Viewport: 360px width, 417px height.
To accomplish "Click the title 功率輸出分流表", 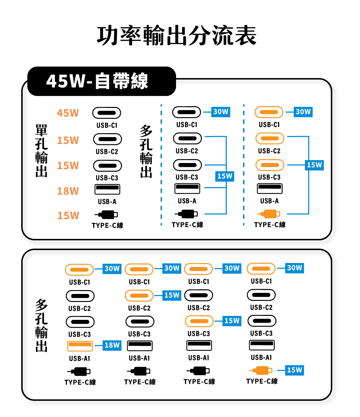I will pyautogui.click(x=177, y=36).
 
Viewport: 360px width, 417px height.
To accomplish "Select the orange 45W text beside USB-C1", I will pyautogui.click(x=68, y=113).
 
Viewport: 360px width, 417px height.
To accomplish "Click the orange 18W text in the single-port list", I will pyautogui.click(x=68, y=191).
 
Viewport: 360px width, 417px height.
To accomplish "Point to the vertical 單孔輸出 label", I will pyautogui.click(x=41, y=151).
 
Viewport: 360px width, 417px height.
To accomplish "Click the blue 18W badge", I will pyautogui.click(x=112, y=345).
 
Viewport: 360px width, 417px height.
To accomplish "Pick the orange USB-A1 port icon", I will pyautogui.click(x=80, y=345).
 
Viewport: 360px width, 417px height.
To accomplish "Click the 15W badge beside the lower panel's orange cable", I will pyautogui.click(x=295, y=370).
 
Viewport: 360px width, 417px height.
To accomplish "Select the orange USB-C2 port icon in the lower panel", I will pyautogui.click(x=139, y=296).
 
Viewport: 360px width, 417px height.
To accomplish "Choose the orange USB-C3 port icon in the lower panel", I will pyautogui.click(x=199, y=321).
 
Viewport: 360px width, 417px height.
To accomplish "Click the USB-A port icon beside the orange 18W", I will pyautogui.click(x=107, y=189).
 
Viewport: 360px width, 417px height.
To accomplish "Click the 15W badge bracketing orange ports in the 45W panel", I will pyautogui.click(x=314, y=165).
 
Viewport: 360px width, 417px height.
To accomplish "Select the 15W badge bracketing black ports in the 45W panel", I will pyautogui.click(x=225, y=176).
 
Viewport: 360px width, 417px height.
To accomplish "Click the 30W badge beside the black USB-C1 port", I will pyautogui.click(x=221, y=112).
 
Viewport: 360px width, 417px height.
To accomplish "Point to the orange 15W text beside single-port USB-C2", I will pyautogui.click(x=68, y=140).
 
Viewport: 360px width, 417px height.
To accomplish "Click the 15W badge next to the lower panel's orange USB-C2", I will pyautogui.click(x=171, y=295).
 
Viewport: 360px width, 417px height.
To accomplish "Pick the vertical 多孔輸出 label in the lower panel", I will pyautogui.click(x=41, y=325).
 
